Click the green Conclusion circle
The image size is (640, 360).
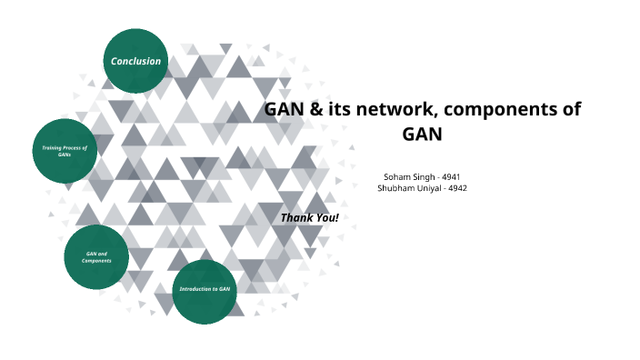[x=135, y=61]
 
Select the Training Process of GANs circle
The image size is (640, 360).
[x=65, y=150]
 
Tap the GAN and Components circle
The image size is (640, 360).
[x=96, y=257]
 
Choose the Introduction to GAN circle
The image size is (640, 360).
[x=205, y=291]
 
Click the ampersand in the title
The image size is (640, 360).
[x=313, y=110]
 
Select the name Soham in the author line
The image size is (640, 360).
[x=399, y=175]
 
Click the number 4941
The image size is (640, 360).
[x=451, y=175]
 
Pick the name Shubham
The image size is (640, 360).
[x=395, y=187]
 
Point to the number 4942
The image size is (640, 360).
[x=455, y=187]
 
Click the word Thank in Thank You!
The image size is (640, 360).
[x=296, y=218]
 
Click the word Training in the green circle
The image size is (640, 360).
[x=54, y=147]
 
